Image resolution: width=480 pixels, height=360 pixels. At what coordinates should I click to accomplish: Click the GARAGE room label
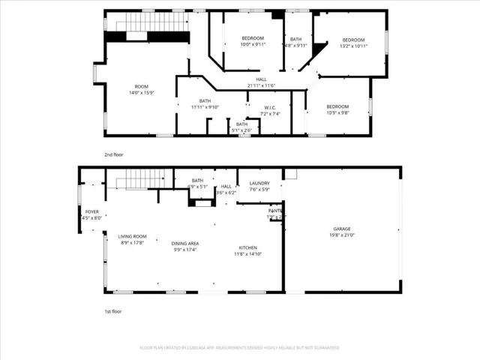tap(342, 229)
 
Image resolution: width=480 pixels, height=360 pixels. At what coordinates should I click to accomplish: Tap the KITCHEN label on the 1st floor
tap(247, 247)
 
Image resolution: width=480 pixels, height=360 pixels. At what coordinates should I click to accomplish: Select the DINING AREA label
tap(184, 243)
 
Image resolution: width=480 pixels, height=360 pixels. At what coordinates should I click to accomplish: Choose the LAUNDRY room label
tap(259, 183)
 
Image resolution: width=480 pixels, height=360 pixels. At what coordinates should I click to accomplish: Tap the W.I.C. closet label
tap(270, 106)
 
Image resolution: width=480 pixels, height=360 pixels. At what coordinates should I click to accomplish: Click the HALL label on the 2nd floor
tap(261, 79)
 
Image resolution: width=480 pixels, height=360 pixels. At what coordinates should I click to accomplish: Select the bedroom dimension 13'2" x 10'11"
tap(353, 46)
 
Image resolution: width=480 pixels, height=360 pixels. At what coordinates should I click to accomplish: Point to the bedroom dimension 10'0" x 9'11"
tap(253, 44)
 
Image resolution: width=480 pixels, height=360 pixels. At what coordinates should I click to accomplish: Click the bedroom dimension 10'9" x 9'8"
tap(337, 113)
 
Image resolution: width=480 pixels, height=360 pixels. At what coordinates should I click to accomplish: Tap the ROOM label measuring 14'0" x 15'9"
tap(142, 86)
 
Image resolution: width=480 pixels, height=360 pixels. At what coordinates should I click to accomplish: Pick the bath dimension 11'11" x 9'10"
tap(205, 107)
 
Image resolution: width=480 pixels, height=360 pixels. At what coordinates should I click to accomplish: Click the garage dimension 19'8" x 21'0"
tap(342, 235)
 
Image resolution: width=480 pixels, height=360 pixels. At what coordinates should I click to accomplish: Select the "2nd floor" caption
tap(113, 154)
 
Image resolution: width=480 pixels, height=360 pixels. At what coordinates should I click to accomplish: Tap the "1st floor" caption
tap(112, 310)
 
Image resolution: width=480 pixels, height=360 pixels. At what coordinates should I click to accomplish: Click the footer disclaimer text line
tap(239, 348)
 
